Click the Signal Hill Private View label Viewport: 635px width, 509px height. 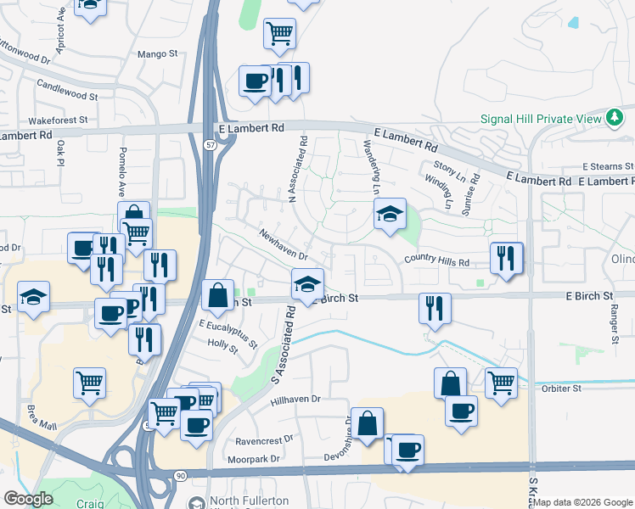pyautogui.click(x=540, y=119)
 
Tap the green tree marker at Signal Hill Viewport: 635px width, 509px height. pyautogui.click(x=615, y=118)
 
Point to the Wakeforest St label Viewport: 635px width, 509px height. pyautogui.click(x=58, y=120)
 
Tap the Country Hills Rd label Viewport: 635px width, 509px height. pyautogui.click(x=436, y=261)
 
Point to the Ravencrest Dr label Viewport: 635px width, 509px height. pyautogui.click(x=264, y=439)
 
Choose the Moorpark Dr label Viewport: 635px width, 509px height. pyautogui.click(x=254, y=460)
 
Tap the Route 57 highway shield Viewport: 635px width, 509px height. pyautogui.click(x=211, y=147)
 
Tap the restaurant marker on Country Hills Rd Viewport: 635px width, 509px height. pyautogui.click(x=506, y=257)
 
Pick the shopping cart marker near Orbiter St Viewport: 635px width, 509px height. pyautogui.click(x=501, y=383)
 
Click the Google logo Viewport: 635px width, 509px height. pyautogui.click(x=28, y=500)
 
